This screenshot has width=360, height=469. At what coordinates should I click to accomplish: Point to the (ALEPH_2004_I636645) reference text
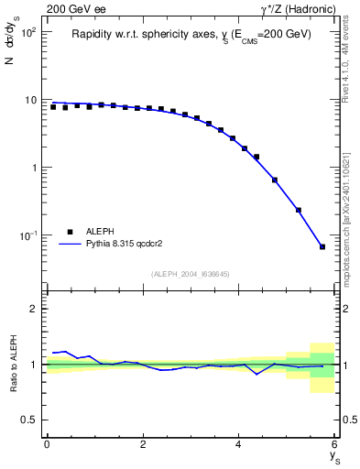(191, 273)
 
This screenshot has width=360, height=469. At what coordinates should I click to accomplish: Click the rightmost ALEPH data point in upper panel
(322, 246)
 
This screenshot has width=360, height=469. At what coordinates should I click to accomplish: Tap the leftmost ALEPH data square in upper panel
(53, 107)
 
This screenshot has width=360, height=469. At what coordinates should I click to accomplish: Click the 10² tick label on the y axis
(28, 32)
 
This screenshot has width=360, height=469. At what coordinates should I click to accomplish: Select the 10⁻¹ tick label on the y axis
(28, 236)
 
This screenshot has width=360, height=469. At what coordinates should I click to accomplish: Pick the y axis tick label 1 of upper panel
(33, 168)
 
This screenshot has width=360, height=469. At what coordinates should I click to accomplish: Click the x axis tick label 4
(239, 444)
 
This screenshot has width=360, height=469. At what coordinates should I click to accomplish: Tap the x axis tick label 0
(47, 444)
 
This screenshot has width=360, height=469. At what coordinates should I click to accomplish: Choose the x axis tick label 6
(335, 444)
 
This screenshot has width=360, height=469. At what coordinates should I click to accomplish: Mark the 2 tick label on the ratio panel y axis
(33, 309)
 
